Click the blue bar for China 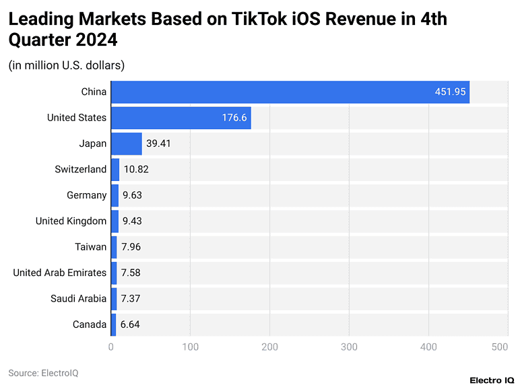(x=290, y=92)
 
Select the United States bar (x=181, y=118)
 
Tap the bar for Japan (x=126, y=143)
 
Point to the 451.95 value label (x=451, y=92)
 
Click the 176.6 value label (x=234, y=118)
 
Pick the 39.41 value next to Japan (x=159, y=143)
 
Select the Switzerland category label (x=80, y=169)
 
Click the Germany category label (x=86, y=195)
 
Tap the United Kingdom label (x=71, y=221)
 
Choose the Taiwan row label (x=90, y=247)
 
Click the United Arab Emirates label (x=59, y=273)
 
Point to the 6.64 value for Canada (x=130, y=324)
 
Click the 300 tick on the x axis (x=349, y=347)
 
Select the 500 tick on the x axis (x=499, y=347)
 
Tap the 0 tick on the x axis (x=111, y=347)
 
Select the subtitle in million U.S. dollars (x=66, y=65)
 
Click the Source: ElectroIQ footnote (x=43, y=372)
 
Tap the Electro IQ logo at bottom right (x=488, y=380)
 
